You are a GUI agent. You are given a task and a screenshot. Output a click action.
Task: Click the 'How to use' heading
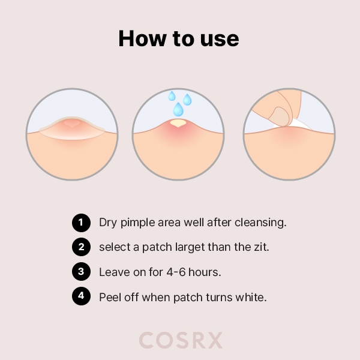point(179,38)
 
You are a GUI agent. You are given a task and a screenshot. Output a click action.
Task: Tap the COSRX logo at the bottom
point(181,340)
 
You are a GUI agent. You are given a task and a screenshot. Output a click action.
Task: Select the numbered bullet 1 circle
point(80,223)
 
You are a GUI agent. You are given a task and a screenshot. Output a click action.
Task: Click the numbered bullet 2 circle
point(80,247)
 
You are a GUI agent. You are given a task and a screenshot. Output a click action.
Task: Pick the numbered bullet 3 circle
point(80,272)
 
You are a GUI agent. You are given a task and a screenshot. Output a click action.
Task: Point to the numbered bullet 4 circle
point(80,296)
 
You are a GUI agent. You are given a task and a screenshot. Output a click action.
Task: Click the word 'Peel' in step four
point(110,296)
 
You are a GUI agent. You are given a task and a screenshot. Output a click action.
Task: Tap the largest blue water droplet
point(178,109)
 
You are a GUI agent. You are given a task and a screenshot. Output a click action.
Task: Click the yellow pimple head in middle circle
point(178,124)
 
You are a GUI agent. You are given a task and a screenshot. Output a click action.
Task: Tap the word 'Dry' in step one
point(108,223)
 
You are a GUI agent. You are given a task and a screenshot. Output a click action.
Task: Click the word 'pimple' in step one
point(137,223)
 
